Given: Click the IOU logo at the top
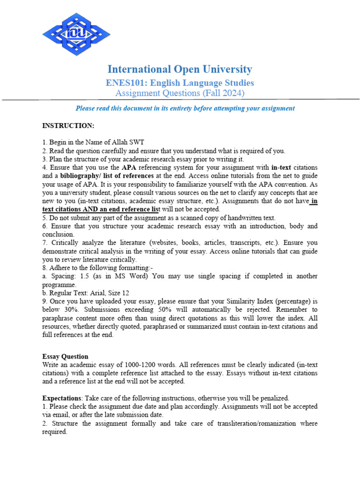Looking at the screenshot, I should [76, 33].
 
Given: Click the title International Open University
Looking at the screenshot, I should [180, 69].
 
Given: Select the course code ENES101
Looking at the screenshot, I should [121, 83].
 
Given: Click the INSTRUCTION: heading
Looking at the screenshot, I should [68, 126].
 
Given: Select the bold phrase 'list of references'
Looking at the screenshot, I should [125, 176].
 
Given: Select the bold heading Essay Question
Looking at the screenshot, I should [65, 356].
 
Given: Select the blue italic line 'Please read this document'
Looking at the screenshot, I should [185, 108].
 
